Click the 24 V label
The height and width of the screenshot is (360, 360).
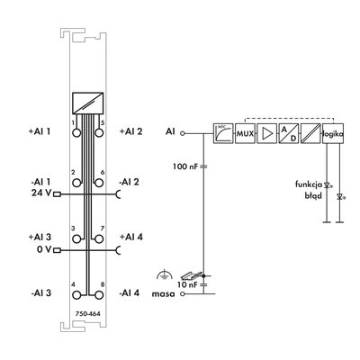point(40,193)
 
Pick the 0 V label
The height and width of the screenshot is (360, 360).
point(42,250)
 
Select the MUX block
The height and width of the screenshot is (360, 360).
point(245,133)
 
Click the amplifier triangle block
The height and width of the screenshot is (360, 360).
point(267,133)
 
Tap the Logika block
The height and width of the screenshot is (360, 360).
point(333,133)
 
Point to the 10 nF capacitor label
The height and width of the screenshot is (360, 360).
point(187,283)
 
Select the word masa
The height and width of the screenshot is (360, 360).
point(165,293)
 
